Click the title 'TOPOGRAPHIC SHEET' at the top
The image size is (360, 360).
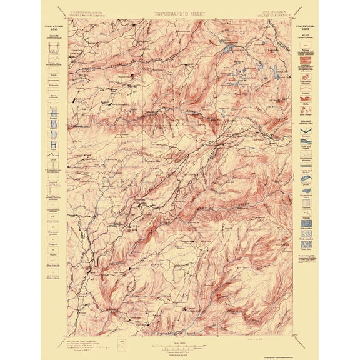point(180,12)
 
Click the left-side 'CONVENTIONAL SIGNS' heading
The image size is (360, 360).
point(54,27)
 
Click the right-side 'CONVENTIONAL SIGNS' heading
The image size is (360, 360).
point(305,27)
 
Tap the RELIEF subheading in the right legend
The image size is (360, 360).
point(305,36)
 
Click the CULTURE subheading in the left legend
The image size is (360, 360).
point(54,36)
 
